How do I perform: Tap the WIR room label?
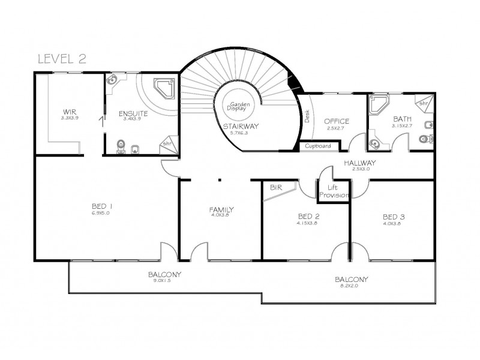[70, 112]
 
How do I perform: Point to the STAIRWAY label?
[240, 127]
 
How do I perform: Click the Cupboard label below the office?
[317, 146]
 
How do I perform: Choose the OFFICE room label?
[337, 122]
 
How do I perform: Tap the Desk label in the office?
[307, 116]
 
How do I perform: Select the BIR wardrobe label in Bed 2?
[276, 188]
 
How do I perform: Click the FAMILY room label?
[221, 209]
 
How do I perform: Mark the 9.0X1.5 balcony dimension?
[165, 281]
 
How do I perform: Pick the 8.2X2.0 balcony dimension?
[352, 286]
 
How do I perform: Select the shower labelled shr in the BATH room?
[423, 103]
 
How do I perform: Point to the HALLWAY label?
[360, 163]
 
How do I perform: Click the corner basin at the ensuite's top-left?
[112, 80]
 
